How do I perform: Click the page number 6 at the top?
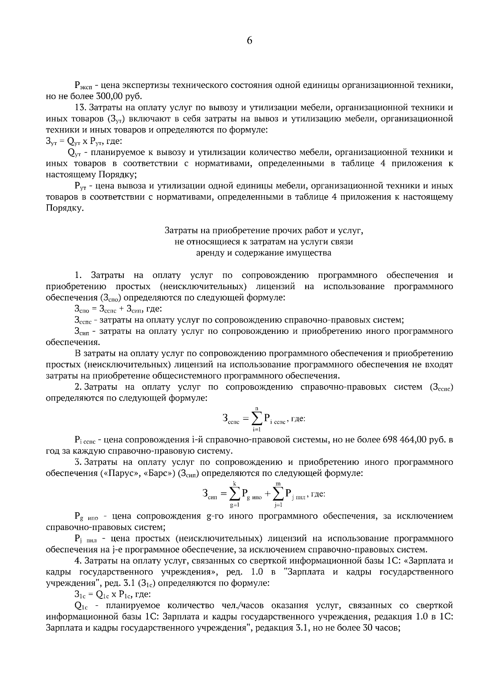249,41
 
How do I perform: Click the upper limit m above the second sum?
278,484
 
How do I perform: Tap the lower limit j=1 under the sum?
278,505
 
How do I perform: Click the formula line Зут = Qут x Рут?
84,141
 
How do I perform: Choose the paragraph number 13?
81,108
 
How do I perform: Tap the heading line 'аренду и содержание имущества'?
263,253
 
